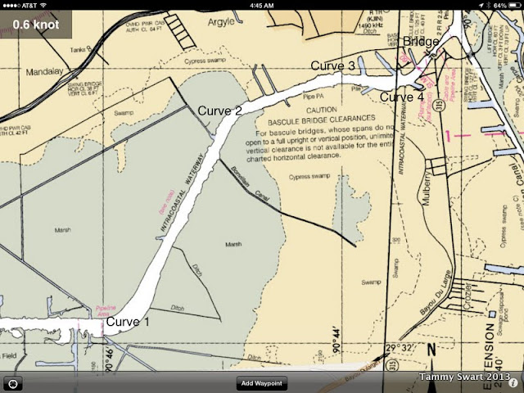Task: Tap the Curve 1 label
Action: pos(128,322)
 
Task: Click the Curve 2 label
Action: pos(219,111)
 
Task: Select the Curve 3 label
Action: pos(332,65)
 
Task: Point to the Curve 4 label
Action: pos(401,97)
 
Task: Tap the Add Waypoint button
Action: pos(262,383)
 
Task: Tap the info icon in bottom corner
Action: pos(513,383)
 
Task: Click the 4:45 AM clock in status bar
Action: pos(261,5)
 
